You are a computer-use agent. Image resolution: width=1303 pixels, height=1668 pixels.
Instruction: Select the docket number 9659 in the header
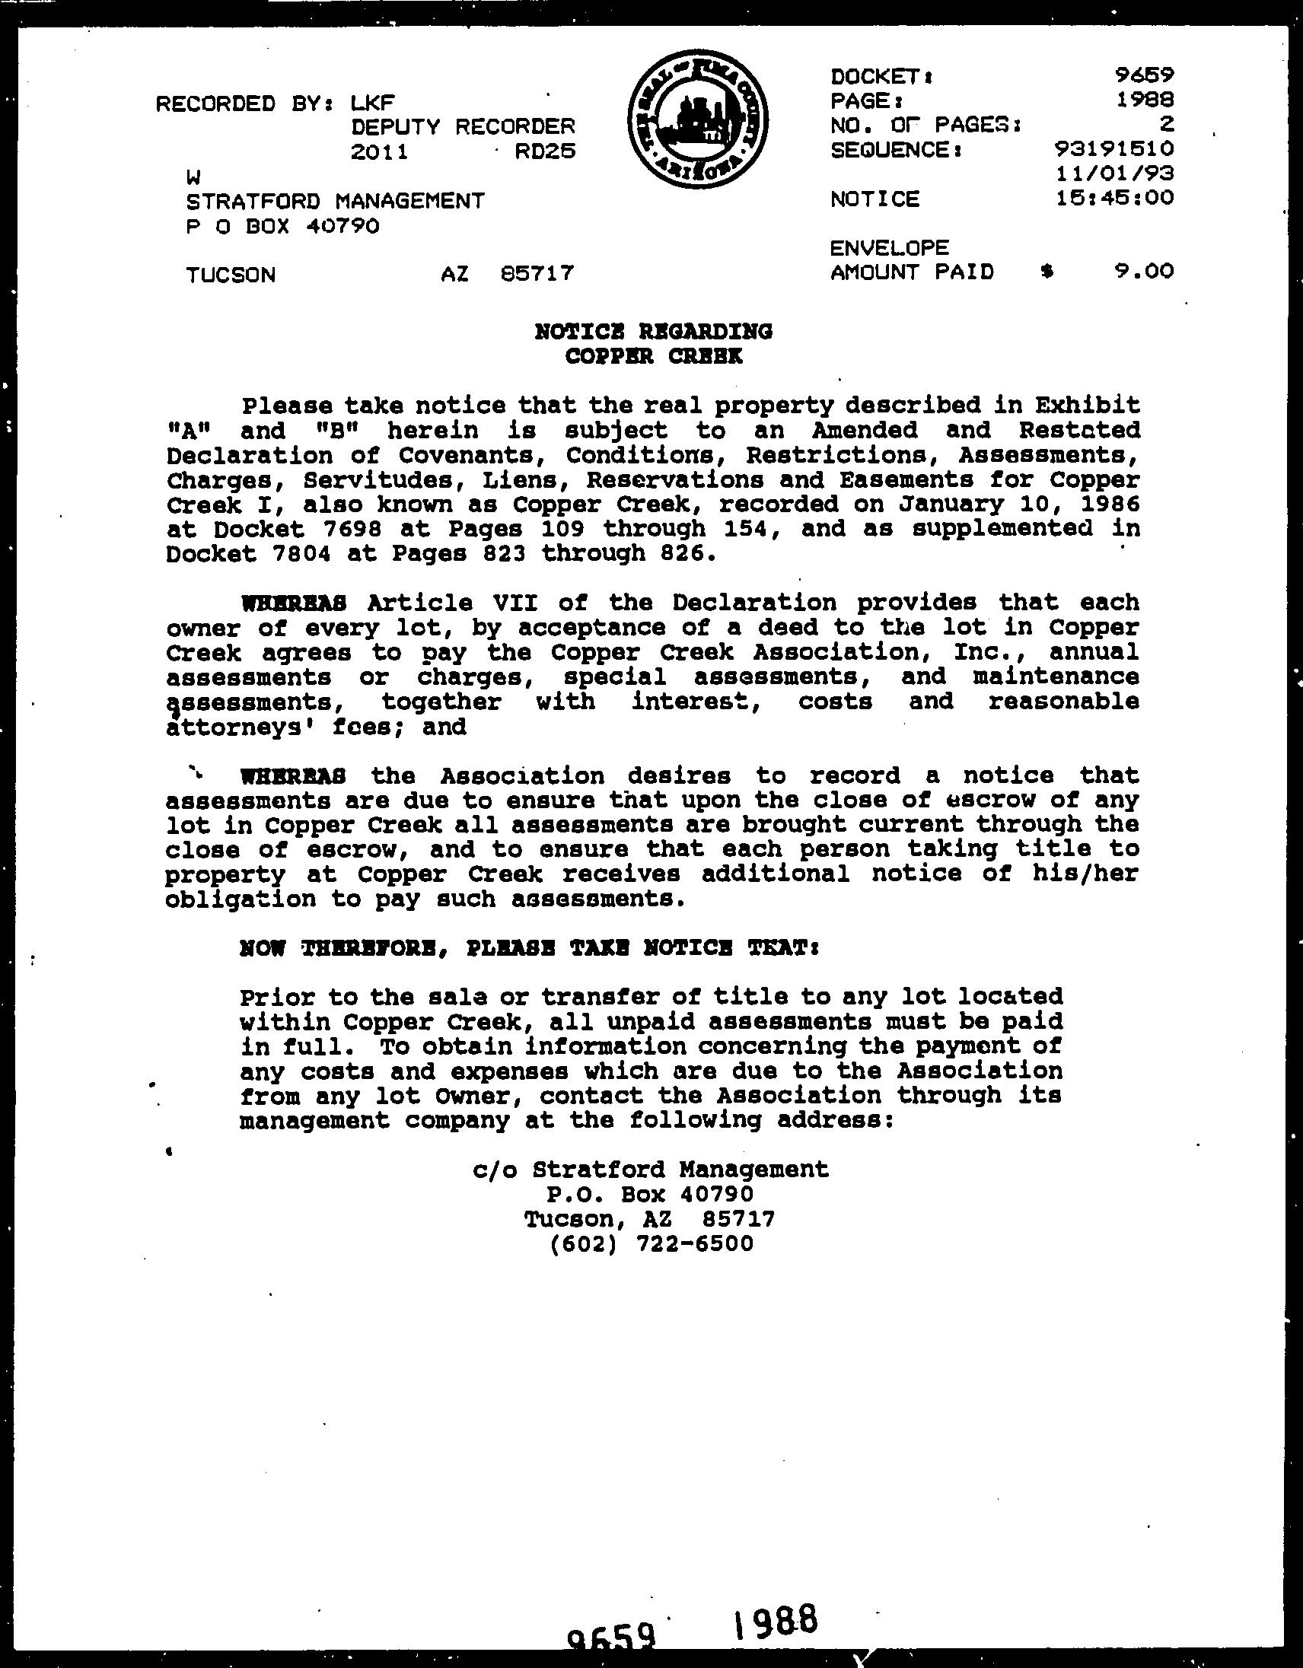pyautogui.click(x=1143, y=75)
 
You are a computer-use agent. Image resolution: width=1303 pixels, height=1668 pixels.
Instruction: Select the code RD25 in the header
pyautogui.click(x=545, y=151)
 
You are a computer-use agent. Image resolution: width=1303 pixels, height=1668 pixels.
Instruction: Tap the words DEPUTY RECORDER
pyautogui.click(x=463, y=126)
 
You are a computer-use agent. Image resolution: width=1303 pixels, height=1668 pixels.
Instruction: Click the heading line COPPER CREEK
pyautogui.click(x=654, y=356)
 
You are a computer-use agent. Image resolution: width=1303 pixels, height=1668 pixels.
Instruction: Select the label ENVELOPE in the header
pyautogui.click(x=890, y=247)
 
